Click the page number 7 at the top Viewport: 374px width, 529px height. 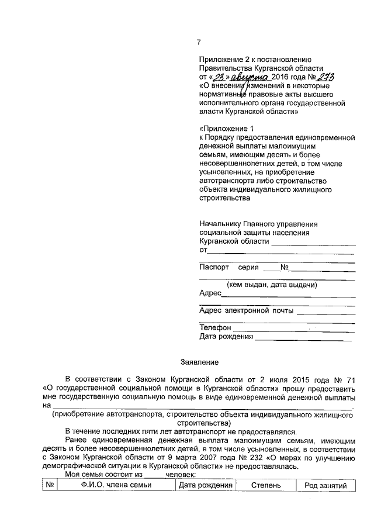click(199, 42)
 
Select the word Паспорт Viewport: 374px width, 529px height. click(214, 268)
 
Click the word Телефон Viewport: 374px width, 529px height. click(216, 327)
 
